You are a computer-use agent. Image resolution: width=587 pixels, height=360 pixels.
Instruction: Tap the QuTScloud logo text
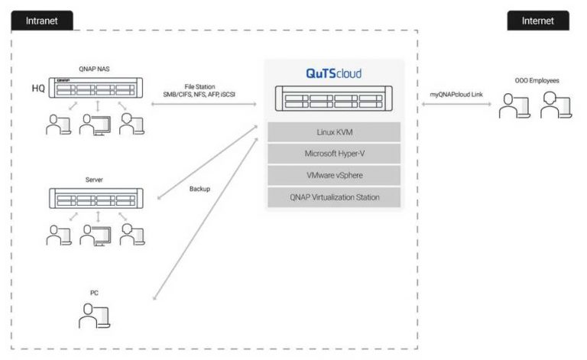(333, 74)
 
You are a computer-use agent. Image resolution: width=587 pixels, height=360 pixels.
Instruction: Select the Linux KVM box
(333, 132)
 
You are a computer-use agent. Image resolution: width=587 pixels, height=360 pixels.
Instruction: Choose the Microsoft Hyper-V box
(333, 154)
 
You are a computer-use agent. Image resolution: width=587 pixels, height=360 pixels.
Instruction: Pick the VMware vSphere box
(333, 175)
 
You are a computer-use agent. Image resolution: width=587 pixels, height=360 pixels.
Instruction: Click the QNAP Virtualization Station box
(333, 197)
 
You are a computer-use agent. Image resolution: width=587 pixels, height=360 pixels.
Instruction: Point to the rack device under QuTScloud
(333, 100)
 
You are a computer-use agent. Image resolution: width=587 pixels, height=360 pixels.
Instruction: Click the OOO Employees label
(535, 80)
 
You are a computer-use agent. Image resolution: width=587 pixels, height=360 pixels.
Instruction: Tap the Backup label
(199, 187)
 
